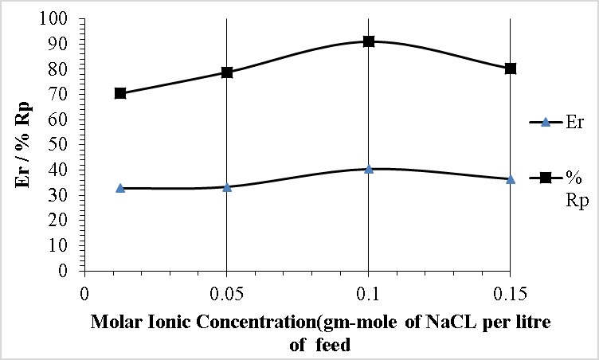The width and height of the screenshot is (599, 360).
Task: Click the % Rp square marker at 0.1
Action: (x=369, y=41)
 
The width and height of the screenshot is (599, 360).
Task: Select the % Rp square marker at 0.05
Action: (x=227, y=72)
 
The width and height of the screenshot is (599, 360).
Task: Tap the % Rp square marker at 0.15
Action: (x=511, y=68)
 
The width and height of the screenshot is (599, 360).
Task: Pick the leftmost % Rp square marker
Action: (x=120, y=93)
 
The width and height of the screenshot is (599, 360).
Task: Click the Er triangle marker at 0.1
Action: (x=369, y=169)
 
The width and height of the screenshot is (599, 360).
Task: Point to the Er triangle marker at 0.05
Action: (x=227, y=187)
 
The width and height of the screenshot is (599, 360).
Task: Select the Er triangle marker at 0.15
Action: (x=511, y=179)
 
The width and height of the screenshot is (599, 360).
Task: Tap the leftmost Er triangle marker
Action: (x=120, y=188)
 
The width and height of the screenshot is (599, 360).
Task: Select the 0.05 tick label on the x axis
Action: (x=227, y=292)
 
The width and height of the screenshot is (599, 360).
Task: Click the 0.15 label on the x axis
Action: (x=511, y=292)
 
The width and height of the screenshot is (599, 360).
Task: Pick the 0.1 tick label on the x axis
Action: (x=369, y=292)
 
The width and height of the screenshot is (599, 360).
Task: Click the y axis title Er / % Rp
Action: (x=25, y=143)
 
